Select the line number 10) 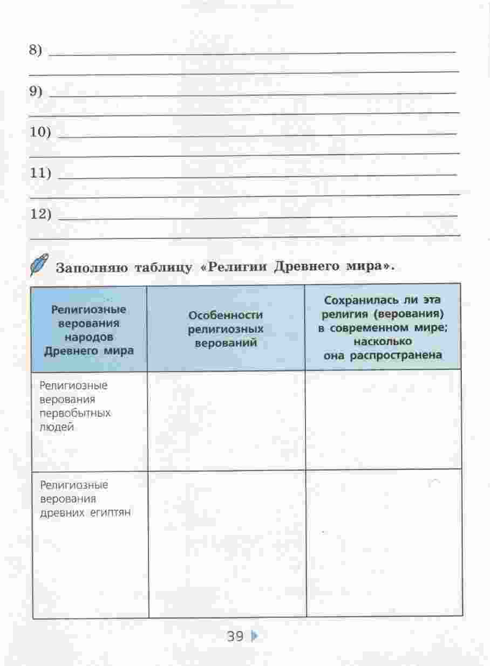pos(39,133)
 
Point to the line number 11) pos(40,174)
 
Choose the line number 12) pos(40,215)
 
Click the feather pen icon pos(39,264)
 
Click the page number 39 pos(236,636)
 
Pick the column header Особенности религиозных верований pos(226,328)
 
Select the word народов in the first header pos(89,337)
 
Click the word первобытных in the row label pos(75,414)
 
